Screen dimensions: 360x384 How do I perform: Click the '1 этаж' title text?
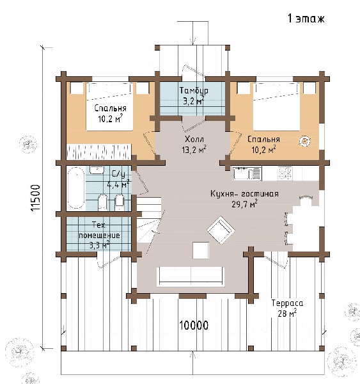coord(306,19)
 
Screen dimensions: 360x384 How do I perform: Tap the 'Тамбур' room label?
coord(194,91)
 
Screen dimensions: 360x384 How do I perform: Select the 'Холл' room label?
coord(194,140)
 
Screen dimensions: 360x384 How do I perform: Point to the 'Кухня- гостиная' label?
coord(244,194)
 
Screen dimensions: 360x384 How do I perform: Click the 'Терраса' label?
coord(287,303)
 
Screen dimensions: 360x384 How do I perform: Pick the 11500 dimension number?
coord(36,198)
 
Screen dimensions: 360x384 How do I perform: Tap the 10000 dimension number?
coord(194,326)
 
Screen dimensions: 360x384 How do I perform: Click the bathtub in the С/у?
coord(75,188)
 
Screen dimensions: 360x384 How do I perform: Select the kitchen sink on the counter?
coord(247,173)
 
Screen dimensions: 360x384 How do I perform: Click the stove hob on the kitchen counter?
coord(285,173)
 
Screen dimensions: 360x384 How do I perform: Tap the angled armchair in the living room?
coord(221,230)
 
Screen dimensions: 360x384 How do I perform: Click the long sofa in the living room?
coord(191,276)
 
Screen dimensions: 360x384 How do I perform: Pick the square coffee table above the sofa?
coord(201,250)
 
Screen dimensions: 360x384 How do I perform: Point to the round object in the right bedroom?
coord(304,141)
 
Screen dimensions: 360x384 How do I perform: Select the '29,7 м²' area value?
coord(244,204)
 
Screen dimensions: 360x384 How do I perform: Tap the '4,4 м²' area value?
coord(118,184)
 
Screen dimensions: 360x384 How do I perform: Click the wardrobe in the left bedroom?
coord(99,152)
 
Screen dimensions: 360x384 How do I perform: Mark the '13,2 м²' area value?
coord(194,149)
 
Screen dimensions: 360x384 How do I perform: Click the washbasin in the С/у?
coord(97,170)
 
